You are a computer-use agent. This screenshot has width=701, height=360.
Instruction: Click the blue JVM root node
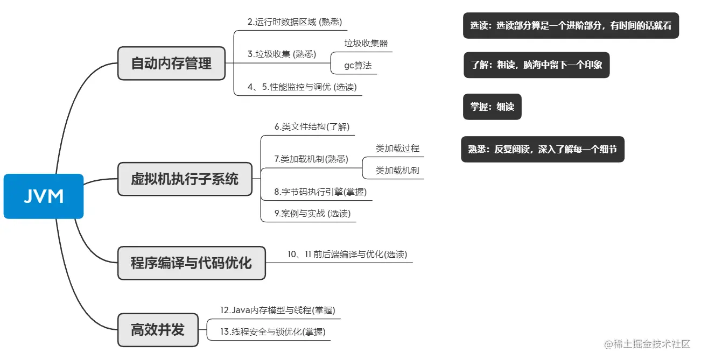tap(44, 196)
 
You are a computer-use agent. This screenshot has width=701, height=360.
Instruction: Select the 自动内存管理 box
tap(171, 63)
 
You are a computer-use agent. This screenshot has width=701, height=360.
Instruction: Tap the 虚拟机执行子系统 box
tap(185, 179)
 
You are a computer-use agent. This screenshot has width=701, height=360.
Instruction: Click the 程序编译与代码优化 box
tap(191, 263)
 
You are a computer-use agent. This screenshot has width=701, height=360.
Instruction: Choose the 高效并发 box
tap(157, 330)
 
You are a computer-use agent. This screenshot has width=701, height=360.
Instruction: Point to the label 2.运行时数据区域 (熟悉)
tap(295, 22)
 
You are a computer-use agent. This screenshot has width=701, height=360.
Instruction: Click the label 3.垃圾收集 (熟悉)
tap(282, 54)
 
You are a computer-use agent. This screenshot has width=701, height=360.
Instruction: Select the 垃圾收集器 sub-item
tap(366, 43)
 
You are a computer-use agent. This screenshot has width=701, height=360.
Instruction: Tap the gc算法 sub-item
tap(357, 66)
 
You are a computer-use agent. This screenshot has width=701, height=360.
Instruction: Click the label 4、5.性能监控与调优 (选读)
tap(302, 87)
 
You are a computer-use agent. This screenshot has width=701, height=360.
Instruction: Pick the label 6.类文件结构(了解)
tap(312, 127)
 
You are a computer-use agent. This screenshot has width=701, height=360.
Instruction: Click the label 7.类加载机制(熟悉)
tap(311, 159)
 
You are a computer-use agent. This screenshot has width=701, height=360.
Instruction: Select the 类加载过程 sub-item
tap(397, 148)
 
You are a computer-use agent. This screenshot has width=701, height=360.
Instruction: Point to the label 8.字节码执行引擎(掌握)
tap(320, 192)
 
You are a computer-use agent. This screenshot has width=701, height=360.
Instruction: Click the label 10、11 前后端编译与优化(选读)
tap(347, 254)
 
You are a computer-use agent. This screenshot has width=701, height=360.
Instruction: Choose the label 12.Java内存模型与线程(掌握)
tap(277, 310)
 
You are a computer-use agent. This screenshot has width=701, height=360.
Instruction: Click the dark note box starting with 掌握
tap(492, 107)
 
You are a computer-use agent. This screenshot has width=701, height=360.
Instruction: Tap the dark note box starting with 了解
tap(536, 65)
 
